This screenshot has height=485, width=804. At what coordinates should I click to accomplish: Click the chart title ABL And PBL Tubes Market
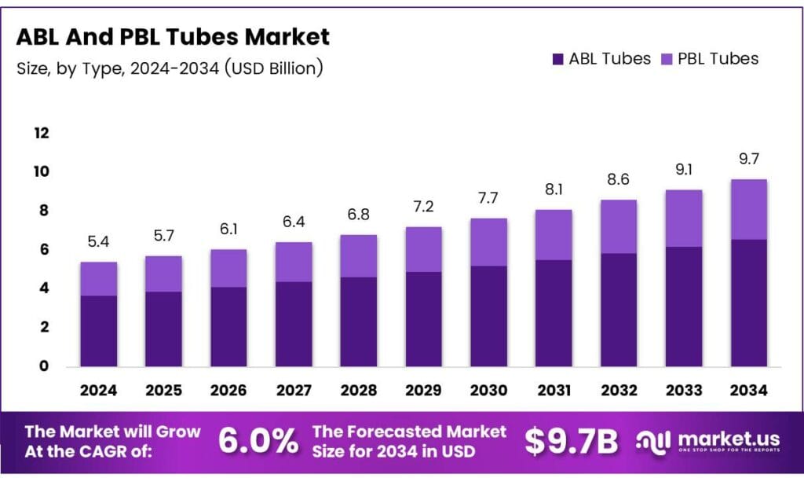(x=174, y=36)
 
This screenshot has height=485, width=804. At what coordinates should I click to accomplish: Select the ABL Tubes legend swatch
(x=558, y=58)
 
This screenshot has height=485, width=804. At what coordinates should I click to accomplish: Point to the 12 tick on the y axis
(x=41, y=133)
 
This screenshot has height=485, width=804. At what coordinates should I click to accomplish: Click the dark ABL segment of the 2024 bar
(x=99, y=330)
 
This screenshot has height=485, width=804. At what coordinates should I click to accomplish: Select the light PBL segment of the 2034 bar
(x=749, y=209)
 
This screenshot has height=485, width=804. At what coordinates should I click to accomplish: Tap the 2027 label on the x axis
(x=293, y=390)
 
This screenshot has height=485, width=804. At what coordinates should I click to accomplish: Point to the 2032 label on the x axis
(x=619, y=390)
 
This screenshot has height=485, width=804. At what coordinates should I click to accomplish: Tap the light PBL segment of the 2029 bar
(x=424, y=249)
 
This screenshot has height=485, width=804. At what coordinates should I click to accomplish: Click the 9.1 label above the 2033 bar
(x=684, y=171)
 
